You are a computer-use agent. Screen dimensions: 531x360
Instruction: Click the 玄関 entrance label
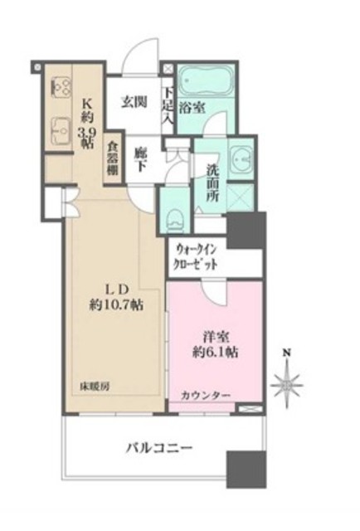pyautogui.click(x=134, y=103)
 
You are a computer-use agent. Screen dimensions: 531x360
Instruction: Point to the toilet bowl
pyautogui.click(x=174, y=218)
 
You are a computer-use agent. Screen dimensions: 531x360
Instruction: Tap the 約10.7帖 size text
pyautogui.click(x=117, y=304)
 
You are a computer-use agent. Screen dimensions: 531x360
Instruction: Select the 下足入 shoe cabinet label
pyautogui.click(x=168, y=105)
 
